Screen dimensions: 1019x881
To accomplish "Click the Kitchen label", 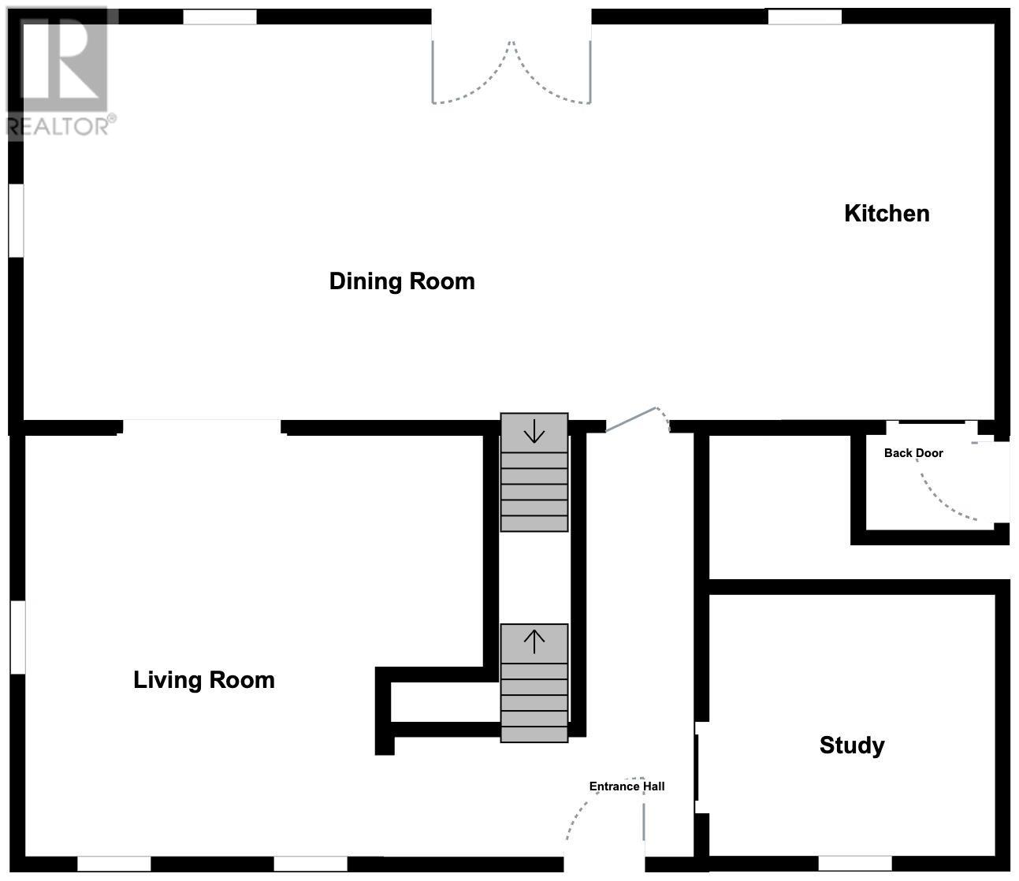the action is coord(887,214).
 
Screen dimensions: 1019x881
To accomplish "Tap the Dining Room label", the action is coord(402,281).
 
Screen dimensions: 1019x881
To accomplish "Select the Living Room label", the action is coord(204,680).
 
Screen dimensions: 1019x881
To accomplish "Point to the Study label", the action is coord(852,746).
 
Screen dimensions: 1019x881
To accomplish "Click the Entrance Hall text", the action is coord(627,786).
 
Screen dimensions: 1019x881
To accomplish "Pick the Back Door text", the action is coord(913,453).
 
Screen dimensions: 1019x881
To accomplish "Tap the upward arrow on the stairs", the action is coord(534,642).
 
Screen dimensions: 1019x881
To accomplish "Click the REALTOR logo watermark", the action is coord(61,72).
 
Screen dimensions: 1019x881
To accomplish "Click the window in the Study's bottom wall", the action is coord(855,864).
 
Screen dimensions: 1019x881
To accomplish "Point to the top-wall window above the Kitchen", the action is coord(805,17).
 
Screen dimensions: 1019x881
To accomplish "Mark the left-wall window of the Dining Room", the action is coord(17,221).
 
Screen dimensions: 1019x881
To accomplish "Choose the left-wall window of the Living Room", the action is coord(18,637).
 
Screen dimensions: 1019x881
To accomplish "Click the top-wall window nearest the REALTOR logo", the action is coord(220,17).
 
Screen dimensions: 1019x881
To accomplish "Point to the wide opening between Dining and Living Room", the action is coord(202,427).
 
